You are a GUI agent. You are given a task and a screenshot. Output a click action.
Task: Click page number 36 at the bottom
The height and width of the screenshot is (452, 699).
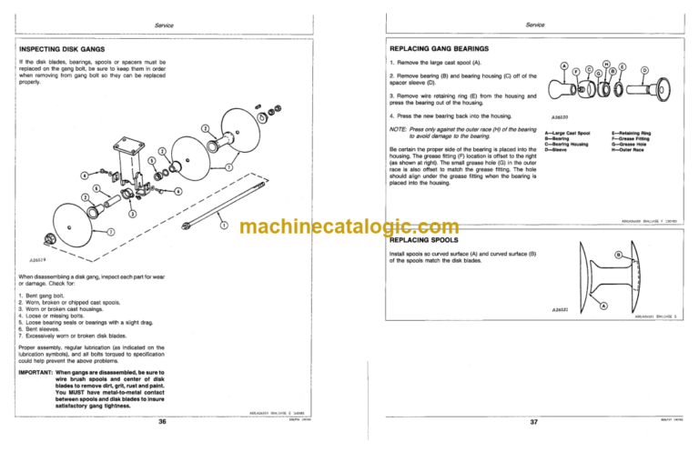coord(161,422)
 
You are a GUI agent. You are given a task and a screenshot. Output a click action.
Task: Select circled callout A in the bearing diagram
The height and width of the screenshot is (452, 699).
coord(566,65)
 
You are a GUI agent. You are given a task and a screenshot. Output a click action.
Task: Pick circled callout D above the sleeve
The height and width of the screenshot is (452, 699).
coord(646,69)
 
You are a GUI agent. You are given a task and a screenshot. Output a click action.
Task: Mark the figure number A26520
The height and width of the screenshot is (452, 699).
coord(560,116)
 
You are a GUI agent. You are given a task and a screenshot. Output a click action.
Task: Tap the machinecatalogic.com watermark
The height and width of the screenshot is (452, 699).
coord(349,226)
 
